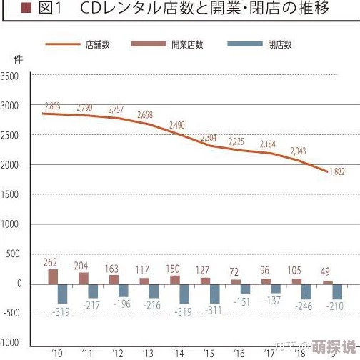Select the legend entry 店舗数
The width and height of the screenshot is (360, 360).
tap(97, 44)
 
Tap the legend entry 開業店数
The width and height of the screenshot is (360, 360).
tap(187, 44)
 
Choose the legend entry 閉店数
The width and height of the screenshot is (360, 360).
tap(280, 44)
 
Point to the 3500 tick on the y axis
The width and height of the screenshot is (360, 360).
tap(11, 76)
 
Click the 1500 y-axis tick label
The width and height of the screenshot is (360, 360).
tap(11, 194)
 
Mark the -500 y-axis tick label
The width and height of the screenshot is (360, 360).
tap(11, 313)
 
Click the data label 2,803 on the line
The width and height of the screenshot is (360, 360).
tap(52, 106)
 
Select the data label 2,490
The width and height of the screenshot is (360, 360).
tap(177, 125)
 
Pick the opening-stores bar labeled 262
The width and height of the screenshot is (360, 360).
tap(53, 276)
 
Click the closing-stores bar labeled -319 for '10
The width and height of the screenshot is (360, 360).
tap(62, 293)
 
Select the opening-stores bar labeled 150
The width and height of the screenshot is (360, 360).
tap(174, 279)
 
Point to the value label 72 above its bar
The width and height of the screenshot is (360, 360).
tap(234, 272)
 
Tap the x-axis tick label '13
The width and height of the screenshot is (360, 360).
tap(148, 352)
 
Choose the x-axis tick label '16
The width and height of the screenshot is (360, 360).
tap(239, 352)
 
